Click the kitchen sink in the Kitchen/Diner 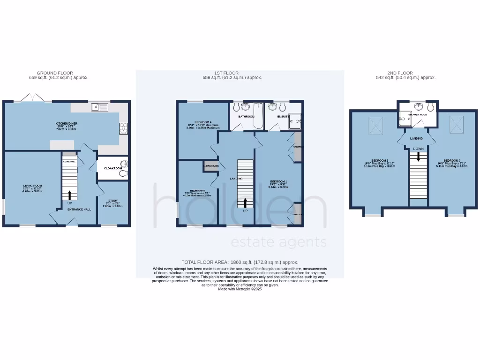(100, 107)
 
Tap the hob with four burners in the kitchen (124, 127)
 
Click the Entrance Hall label (79, 209)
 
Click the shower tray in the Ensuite (296, 121)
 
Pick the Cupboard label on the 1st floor (210, 166)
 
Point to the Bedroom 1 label (278, 181)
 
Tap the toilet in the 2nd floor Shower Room (430, 107)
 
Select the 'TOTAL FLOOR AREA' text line (240, 262)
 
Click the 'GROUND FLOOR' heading (55, 73)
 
